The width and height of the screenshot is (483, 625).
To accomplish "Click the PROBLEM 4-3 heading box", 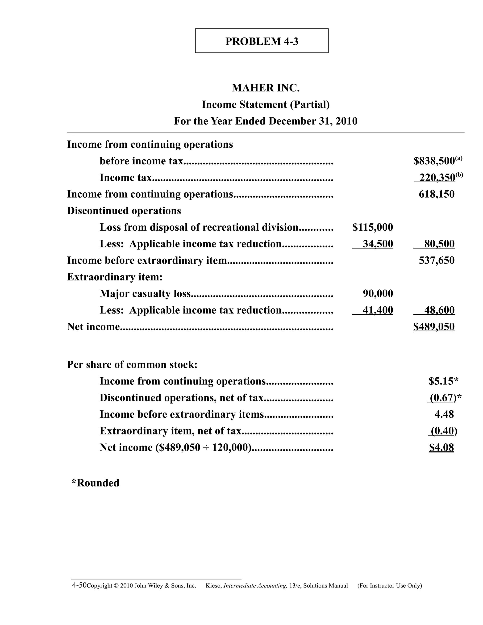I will coord(262,41).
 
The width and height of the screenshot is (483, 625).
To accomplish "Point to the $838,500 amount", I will coord(434,161).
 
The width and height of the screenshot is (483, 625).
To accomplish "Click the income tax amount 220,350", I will coord(437,178).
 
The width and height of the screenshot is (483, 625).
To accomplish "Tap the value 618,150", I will coord(436,194).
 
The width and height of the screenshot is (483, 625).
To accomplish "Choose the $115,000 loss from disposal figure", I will coord(373,228).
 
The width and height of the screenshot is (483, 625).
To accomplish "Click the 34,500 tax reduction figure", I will coord(378,244).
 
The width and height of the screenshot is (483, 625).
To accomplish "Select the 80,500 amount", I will coord(439,244).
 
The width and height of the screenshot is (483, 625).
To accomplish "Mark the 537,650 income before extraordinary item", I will coord(436,261).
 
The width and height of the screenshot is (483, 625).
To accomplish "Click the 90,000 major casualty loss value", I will coord(378,294).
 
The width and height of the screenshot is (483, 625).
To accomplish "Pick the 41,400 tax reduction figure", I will coord(378,310).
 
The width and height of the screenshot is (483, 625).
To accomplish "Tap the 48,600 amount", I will coord(439,310).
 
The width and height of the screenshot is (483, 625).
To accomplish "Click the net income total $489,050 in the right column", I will coord(434,327).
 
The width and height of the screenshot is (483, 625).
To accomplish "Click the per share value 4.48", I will coord(444,414).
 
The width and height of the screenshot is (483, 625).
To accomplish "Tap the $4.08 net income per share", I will coord(441,448).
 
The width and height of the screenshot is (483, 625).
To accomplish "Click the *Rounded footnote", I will coord(95,483).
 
